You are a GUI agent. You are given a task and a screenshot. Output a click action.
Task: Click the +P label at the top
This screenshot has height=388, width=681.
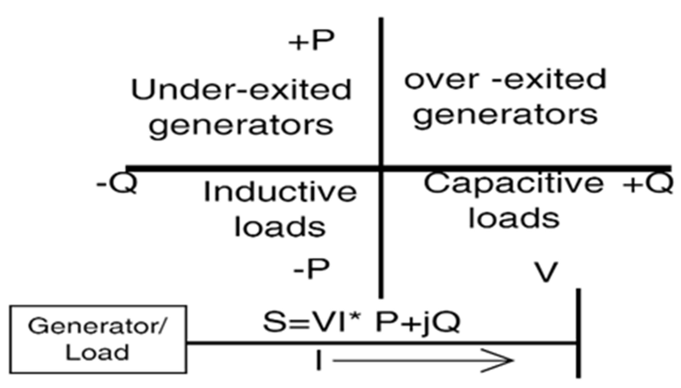pyautogui.click(x=311, y=41)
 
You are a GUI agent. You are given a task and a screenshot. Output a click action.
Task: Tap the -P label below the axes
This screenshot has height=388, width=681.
pyautogui.click(x=311, y=269)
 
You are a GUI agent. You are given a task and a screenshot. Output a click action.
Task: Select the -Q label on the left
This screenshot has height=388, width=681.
pyautogui.click(x=116, y=184)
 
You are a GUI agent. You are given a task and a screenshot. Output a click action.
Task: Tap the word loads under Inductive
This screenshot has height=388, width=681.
pyautogui.click(x=280, y=226)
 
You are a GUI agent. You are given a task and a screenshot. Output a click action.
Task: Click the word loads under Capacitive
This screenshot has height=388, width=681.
pyautogui.click(x=514, y=218)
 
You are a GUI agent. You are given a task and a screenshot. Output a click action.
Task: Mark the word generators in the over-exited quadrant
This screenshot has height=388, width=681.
pyautogui.click(x=505, y=115)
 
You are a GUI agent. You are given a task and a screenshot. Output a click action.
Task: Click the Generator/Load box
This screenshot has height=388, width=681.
pyautogui.click(x=98, y=339)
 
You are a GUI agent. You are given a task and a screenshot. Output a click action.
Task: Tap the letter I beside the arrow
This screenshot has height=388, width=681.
pyautogui.click(x=319, y=361)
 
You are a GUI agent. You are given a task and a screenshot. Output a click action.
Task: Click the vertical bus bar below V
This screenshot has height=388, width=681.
pyautogui.click(x=578, y=333)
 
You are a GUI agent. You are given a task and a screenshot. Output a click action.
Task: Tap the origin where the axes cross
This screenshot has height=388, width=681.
pyautogui.click(x=381, y=168)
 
